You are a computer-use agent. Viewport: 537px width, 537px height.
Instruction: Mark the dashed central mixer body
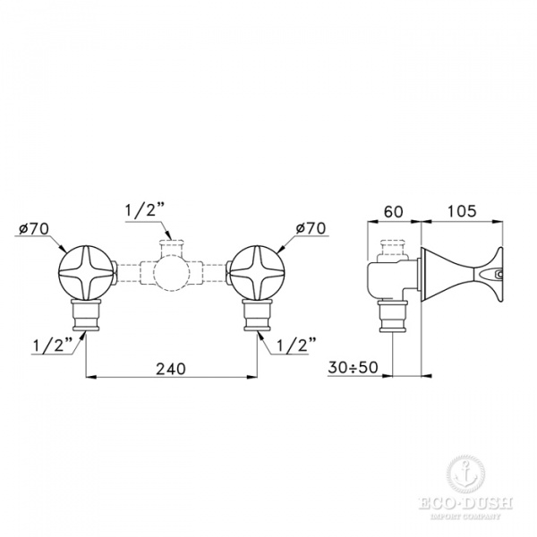(x=171, y=271)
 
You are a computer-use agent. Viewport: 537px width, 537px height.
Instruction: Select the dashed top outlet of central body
(x=171, y=244)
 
